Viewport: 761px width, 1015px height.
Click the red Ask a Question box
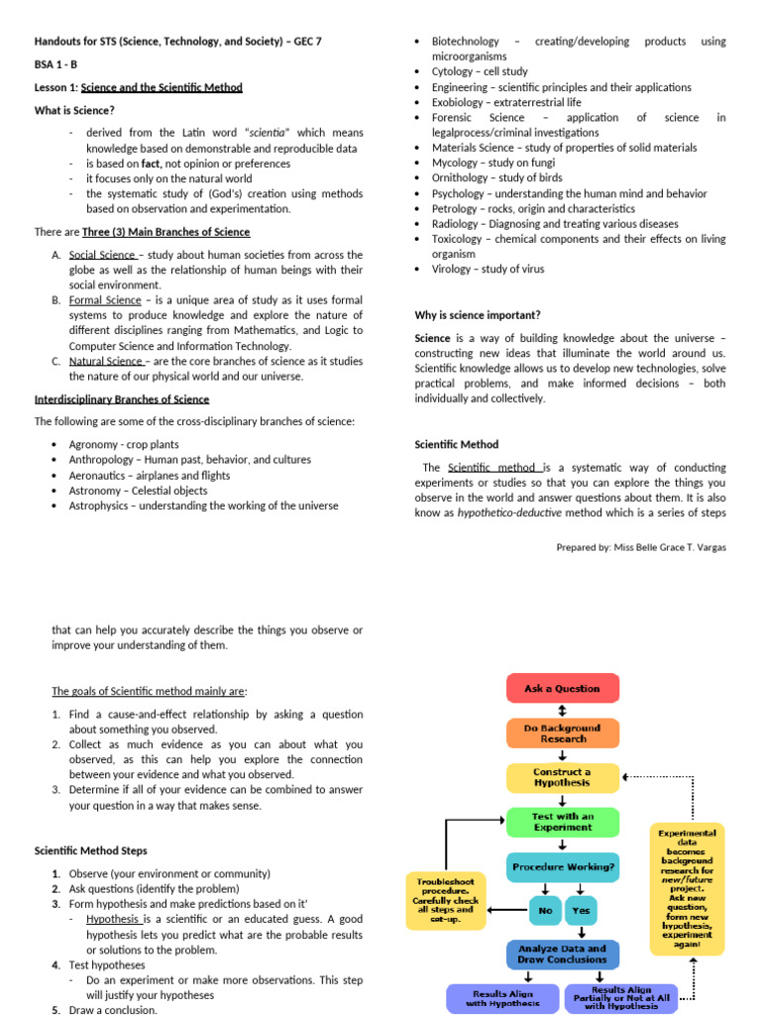(562, 688)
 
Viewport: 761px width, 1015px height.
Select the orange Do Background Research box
(562, 733)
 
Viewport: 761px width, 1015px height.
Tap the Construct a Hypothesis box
(562, 777)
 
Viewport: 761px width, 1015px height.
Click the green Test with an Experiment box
(562, 822)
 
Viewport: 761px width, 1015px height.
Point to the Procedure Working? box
(562, 867)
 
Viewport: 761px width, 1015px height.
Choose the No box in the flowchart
(544, 910)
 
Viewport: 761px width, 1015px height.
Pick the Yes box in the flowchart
(581, 910)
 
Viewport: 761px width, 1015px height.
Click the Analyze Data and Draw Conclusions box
(562, 954)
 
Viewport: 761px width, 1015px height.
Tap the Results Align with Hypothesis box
(502, 998)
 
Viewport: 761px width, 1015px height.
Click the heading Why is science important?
(478, 315)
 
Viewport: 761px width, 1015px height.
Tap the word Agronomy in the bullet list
(94, 445)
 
